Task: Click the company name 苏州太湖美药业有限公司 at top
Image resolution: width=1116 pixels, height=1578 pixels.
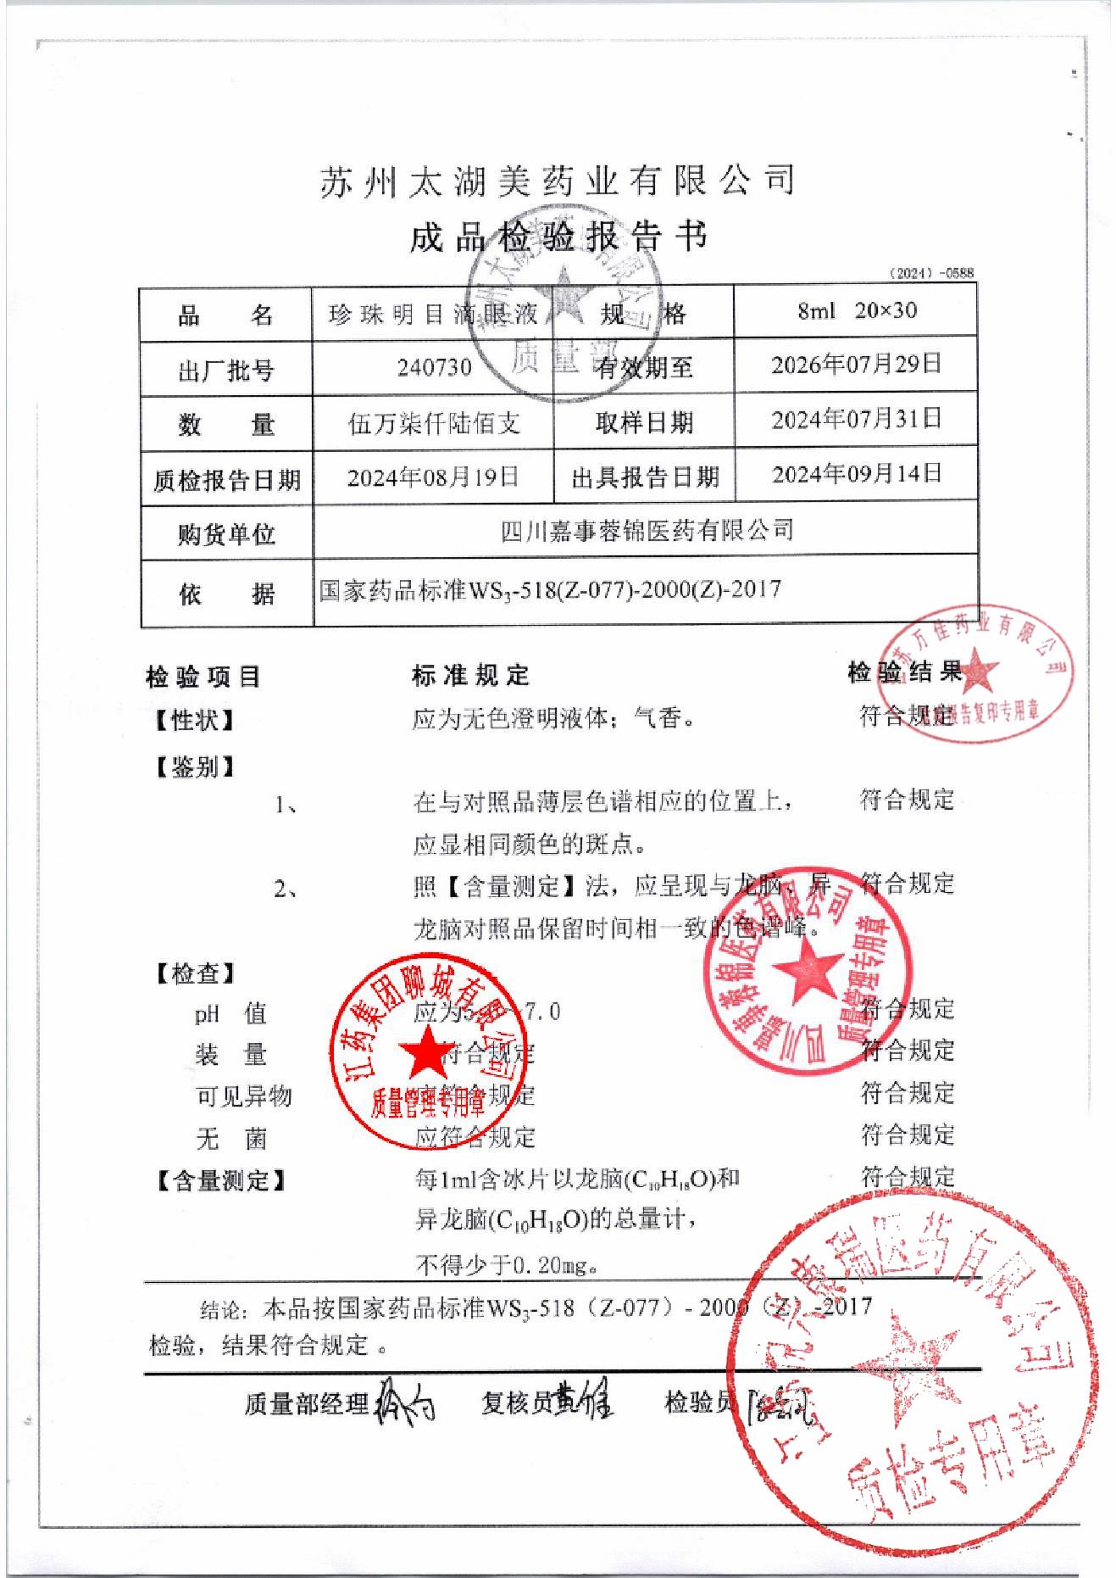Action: (557, 181)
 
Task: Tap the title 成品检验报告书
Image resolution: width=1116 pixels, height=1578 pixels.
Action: (557, 237)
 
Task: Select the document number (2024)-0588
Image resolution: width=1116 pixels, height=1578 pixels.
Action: (931, 273)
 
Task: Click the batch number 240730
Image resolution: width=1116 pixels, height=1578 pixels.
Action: (434, 368)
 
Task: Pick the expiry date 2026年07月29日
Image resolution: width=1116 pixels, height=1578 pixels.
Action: (856, 365)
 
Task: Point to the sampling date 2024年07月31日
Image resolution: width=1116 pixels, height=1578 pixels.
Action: (856, 420)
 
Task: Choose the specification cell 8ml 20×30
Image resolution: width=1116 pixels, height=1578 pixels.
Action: (856, 311)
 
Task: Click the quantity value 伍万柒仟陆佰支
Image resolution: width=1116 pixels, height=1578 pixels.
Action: (434, 423)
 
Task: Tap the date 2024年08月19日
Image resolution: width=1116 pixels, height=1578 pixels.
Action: (434, 477)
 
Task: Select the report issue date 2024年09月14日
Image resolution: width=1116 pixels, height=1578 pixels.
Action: (856, 473)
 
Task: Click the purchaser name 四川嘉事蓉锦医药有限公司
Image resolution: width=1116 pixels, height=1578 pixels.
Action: (647, 531)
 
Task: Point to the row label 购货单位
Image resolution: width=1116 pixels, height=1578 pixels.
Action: (226, 534)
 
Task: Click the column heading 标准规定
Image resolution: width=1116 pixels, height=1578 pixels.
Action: (470, 676)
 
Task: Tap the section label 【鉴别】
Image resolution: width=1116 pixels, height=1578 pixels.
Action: (194, 768)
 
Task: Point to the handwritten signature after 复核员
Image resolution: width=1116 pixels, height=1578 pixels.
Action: (586, 1400)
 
